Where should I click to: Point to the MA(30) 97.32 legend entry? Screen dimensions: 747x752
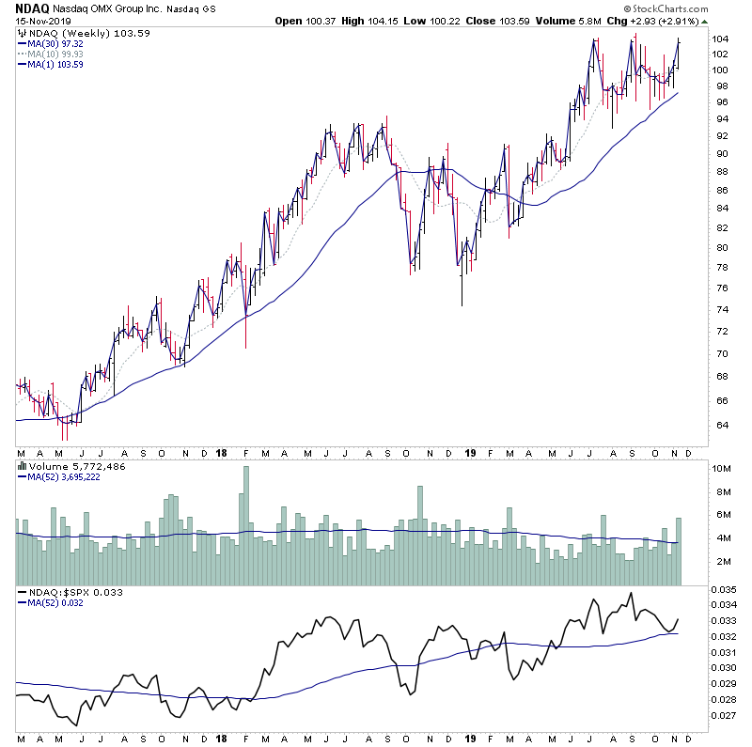click(55, 43)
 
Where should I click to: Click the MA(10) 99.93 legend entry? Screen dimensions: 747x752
click(55, 54)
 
